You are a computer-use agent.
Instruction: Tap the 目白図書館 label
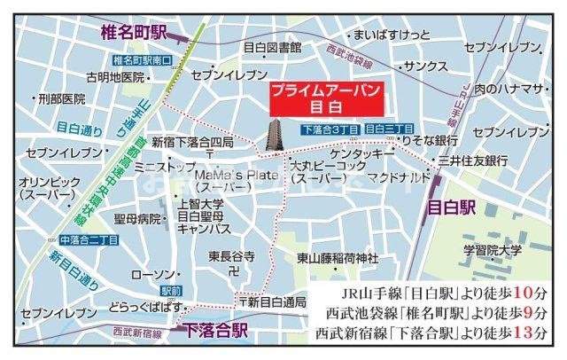click(x=272, y=46)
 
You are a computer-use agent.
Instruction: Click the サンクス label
click(x=424, y=66)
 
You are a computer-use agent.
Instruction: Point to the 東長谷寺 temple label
click(x=232, y=256)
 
